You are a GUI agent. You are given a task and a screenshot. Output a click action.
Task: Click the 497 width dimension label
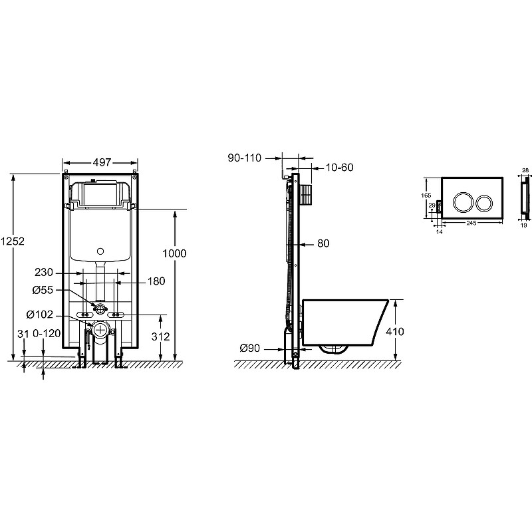pyautogui.click(x=102, y=162)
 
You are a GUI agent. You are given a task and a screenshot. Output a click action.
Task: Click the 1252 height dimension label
pyautogui.click(x=13, y=241)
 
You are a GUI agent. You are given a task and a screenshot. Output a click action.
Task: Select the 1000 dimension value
pyautogui.click(x=174, y=253)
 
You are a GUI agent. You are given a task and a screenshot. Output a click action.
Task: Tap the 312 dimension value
pyautogui.click(x=160, y=336)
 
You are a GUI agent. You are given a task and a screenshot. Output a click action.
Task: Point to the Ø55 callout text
pyautogui.click(x=43, y=290)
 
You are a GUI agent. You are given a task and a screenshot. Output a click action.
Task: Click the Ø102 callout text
pyautogui.click(x=40, y=315)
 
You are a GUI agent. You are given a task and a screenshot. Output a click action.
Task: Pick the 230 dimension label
pyautogui.click(x=44, y=272)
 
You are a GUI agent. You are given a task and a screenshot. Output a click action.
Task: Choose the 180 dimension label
pyautogui.click(x=156, y=281)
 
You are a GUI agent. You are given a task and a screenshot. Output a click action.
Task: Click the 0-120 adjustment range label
pyautogui.click(x=47, y=334)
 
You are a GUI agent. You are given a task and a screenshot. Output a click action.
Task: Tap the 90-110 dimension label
pyautogui.click(x=245, y=158)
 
